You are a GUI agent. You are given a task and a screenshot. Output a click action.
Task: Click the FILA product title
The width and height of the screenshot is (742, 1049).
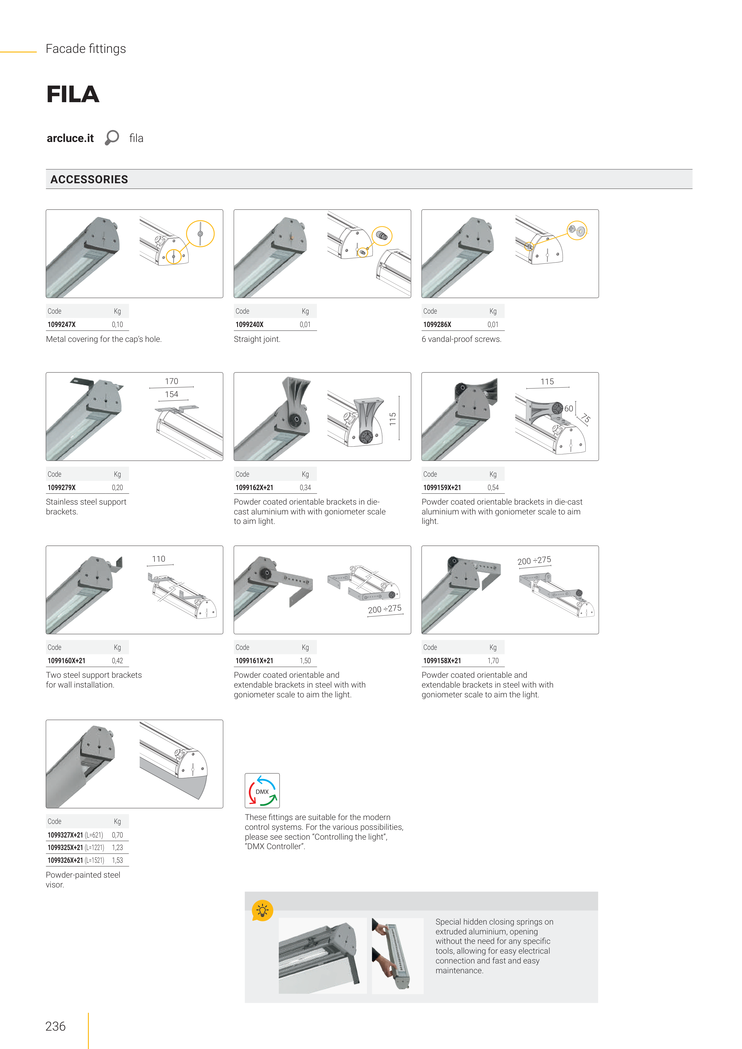tap(73, 94)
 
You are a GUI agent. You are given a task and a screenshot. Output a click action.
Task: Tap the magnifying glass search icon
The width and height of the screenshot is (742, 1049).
tap(112, 138)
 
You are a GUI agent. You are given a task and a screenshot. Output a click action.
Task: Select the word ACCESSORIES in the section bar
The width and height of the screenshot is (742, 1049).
tap(89, 180)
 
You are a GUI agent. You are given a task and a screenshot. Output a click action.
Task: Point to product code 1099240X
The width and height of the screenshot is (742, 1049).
tap(249, 324)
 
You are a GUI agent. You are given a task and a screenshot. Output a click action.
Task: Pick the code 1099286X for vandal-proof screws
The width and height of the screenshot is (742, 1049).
tap(437, 324)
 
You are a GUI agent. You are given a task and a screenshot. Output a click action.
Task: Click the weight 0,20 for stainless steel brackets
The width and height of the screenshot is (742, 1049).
tap(117, 487)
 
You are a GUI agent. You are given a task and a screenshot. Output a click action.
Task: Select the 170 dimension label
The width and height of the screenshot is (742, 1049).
tap(171, 381)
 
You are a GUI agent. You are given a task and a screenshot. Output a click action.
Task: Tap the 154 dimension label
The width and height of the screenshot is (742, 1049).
tap(171, 394)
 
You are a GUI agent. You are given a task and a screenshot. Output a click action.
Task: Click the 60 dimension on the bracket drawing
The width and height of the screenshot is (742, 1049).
tap(568, 408)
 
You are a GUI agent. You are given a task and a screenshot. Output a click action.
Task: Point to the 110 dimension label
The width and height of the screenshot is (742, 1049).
tap(159, 559)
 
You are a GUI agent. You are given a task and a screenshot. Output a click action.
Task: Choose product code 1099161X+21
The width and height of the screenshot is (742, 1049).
tap(254, 661)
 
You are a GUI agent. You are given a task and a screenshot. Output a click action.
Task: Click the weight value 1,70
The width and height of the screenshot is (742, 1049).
tap(493, 661)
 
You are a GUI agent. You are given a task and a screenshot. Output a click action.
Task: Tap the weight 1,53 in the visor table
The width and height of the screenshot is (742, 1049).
tap(117, 860)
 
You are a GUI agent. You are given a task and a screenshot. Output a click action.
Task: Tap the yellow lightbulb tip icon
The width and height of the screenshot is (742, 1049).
tap(262, 911)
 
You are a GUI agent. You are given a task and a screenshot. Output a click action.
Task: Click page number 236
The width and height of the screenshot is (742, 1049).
tap(55, 1026)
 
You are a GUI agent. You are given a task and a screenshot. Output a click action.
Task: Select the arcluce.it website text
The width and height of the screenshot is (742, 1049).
tap(70, 138)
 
